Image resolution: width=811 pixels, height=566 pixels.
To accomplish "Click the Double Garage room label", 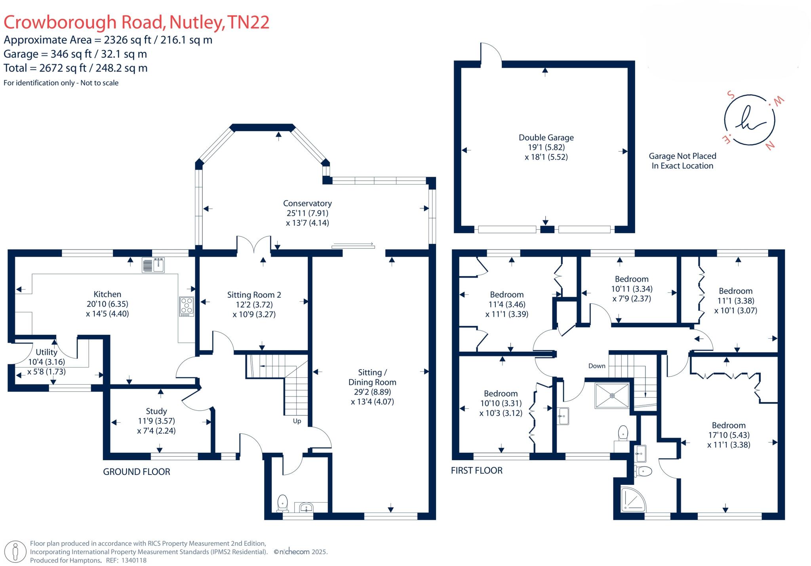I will [546, 138].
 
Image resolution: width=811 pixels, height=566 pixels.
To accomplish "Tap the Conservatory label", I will [307, 203].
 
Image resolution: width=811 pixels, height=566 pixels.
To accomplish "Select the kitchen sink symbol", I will [153, 265].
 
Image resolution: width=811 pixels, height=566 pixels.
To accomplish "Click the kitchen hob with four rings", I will [187, 307].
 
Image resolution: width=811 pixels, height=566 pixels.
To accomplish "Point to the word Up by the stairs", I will [297, 421].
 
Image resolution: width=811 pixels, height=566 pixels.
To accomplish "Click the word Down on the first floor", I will [596, 366].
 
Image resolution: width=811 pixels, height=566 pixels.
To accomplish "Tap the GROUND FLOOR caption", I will [137, 472].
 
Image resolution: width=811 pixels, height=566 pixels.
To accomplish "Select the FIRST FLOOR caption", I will [476, 471].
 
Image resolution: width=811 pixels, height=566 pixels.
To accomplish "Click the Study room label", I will [156, 411].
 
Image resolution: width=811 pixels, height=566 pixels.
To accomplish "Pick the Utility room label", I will [46, 352].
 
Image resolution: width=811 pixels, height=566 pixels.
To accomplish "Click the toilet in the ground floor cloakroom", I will [282, 503].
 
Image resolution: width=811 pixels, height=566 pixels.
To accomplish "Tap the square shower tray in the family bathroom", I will [612, 395].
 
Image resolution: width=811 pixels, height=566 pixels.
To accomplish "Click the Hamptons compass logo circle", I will [749, 120].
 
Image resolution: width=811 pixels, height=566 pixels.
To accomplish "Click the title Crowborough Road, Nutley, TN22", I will [136, 22].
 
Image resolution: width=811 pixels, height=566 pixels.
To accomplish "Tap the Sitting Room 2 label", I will [254, 295].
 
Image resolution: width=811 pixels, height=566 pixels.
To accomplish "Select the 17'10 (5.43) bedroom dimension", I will [729, 435].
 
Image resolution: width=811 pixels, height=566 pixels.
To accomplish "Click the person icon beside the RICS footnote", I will [15, 552].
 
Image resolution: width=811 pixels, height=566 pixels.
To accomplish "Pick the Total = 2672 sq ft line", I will [76, 68].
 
